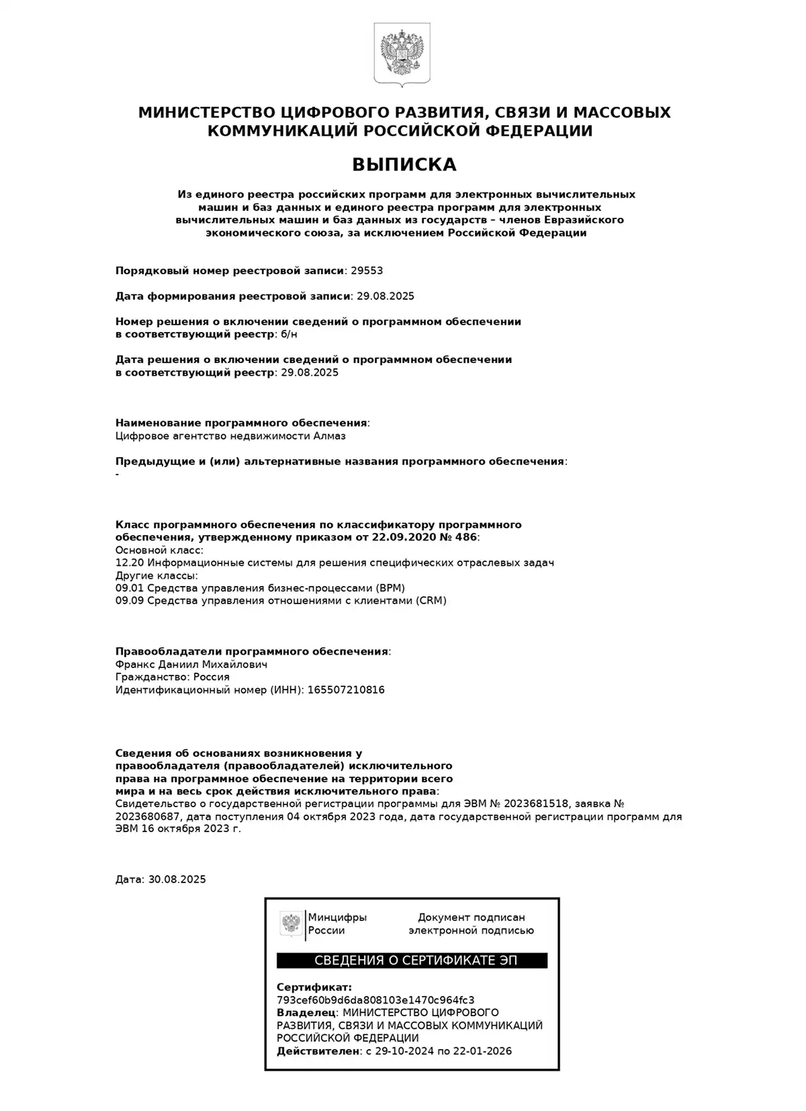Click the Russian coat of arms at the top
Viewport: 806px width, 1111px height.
[x=402, y=54]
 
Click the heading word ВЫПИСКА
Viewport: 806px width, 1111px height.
[x=404, y=165]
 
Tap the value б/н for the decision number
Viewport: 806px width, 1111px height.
[x=289, y=334]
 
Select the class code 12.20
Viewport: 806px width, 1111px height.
[x=130, y=563]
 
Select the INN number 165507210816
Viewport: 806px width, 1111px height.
[x=346, y=690]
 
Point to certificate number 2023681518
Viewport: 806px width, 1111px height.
[x=537, y=804]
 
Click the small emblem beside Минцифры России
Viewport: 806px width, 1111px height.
[x=292, y=923]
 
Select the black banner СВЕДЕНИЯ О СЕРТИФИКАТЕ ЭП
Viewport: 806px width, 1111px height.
[x=412, y=960]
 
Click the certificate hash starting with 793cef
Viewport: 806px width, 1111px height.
[x=375, y=1000]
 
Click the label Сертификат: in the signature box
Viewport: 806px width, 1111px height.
[x=314, y=987]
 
